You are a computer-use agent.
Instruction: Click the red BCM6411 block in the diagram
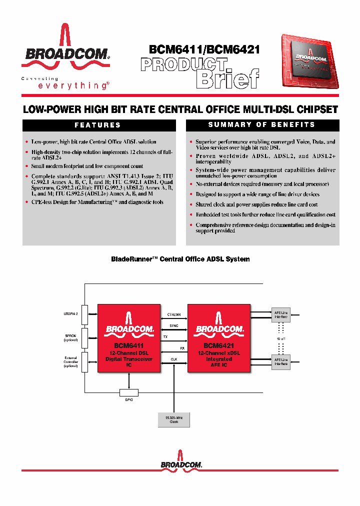pos(129,338)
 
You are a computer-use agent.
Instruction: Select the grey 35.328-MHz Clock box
pos(173,419)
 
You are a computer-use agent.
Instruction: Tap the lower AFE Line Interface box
pos(280,361)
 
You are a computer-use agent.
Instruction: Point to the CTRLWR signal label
pos(173,314)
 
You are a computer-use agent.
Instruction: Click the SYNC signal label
pos(173,325)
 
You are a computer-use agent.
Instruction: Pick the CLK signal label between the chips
pos(173,358)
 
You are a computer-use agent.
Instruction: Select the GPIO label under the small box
pos(129,400)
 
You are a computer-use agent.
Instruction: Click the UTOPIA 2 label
pos(70,314)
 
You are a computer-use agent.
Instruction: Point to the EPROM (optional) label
pos(71,338)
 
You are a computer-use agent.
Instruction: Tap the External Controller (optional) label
pos(71,361)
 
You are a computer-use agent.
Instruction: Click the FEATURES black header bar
pos(97,125)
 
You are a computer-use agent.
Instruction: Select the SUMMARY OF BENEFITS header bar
pos(262,125)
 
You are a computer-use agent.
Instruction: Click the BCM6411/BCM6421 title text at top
pos(204,50)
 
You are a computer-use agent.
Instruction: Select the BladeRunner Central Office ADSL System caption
pos(180,259)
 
